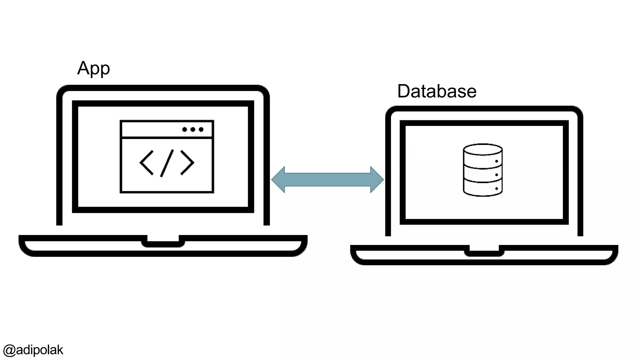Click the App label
[93, 68]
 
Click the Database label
[437, 91]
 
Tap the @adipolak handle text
[33, 350]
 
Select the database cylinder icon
[482, 170]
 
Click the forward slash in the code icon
[167, 163]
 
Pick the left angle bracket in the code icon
[146, 162]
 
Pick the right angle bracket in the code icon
[187, 162]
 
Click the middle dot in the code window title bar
[193, 129]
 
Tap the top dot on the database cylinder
[497, 161]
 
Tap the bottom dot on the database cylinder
[497, 188]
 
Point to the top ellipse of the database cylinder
[482, 149]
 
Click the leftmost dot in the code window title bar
[184, 129]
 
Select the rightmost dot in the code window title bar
[201, 129]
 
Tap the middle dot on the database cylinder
[497, 175]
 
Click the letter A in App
[83, 68]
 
